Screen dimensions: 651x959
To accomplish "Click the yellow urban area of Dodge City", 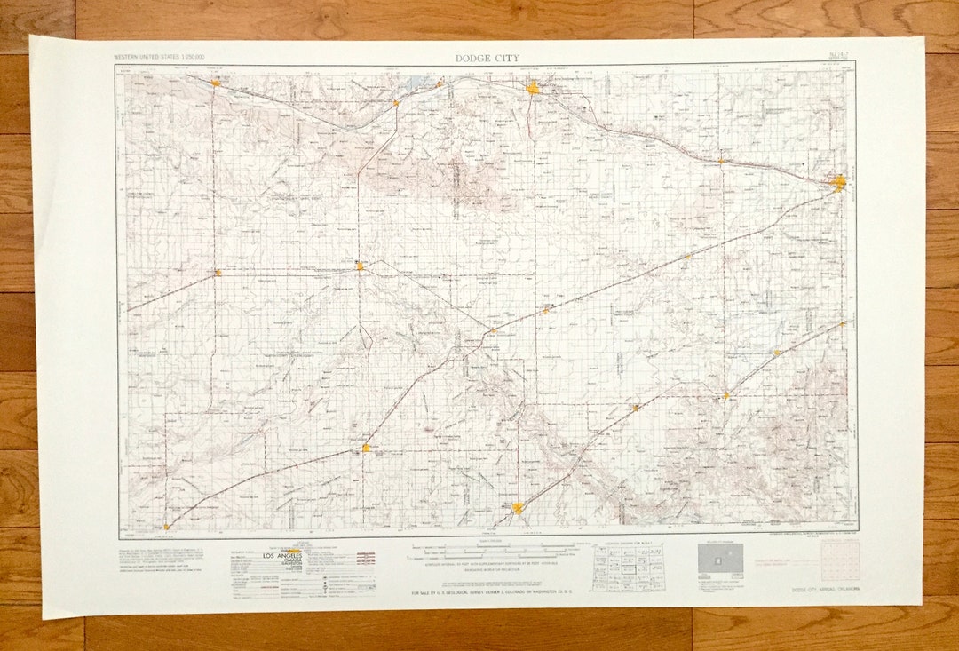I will (839, 183).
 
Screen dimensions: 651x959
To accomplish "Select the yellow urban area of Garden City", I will (533, 87).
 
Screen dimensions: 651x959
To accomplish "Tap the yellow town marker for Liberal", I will (519, 508).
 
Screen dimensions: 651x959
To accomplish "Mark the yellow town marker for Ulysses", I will (360, 265).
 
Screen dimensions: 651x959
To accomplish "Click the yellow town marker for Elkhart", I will (166, 527).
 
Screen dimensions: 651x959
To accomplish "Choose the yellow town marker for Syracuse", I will (215, 83).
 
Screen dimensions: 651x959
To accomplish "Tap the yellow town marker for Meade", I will (725, 395).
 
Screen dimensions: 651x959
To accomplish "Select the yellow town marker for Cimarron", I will (721, 161).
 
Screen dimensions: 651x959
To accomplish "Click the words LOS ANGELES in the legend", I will (281, 556).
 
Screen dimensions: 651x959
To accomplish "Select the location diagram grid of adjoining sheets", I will (629, 566).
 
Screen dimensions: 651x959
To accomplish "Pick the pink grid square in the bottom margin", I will (839, 560).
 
